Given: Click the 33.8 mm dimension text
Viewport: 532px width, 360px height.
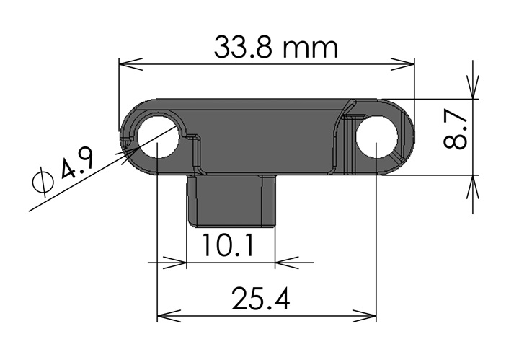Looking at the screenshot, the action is point(276,48).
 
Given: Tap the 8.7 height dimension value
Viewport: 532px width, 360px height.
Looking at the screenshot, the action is point(456,131).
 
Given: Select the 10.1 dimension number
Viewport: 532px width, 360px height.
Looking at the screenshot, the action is point(227,245).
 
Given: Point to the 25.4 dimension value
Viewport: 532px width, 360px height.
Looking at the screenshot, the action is point(260,299).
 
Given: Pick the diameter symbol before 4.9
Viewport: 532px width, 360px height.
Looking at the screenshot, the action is point(43,182).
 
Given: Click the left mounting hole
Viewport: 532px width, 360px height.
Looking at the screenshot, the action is point(158,137).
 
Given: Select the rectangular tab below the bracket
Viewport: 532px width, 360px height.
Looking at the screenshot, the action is point(231,201).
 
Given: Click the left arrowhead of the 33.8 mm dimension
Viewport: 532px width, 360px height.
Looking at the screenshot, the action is point(130,64).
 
